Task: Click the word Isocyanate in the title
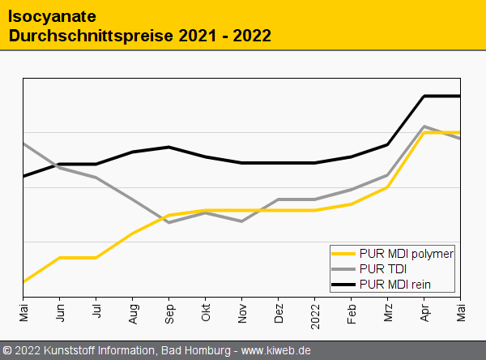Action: (49, 15)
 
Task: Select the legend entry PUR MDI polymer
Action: (406, 254)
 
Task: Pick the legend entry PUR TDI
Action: (382, 268)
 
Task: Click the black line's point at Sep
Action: (169, 147)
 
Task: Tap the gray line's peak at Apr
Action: (424, 126)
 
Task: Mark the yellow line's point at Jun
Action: (60, 258)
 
